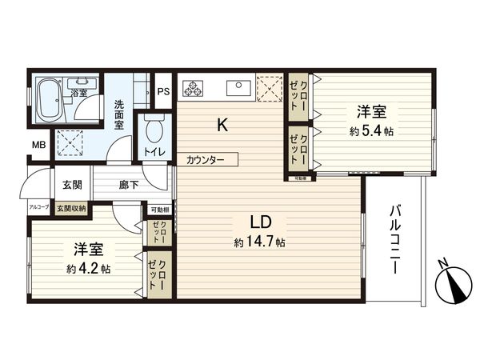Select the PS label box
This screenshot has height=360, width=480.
tap(162, 91)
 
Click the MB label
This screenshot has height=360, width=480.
tap(38, 145)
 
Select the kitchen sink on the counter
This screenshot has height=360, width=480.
tap(238, 86)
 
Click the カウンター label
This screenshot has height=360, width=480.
tap(206, 159)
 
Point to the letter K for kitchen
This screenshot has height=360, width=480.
tap(225, 124)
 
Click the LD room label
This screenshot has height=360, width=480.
tap(258, 221)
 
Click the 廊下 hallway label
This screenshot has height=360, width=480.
tap(129, 184)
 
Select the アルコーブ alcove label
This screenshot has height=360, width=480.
tap(39, 207)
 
